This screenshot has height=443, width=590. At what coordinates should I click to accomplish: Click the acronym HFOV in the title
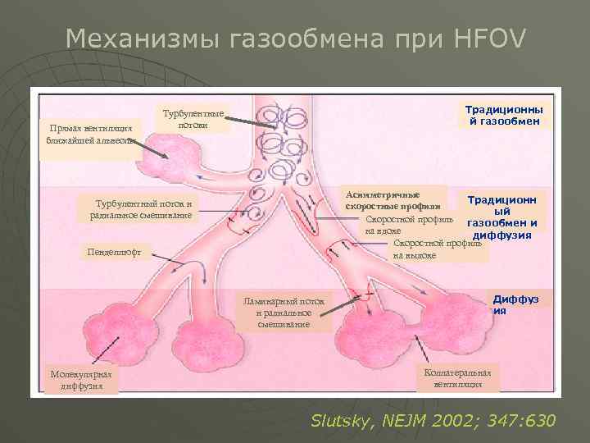pyautogui.click(x=491, y=38)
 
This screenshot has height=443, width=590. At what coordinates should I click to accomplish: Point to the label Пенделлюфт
pyautogui.click(x=115, y=251)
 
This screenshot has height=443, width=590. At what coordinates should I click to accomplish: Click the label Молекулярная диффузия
pyautogui.click(x=80, y=380)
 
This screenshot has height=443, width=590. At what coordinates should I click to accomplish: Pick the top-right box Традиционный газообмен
pyautogui.click(x=509, y=116)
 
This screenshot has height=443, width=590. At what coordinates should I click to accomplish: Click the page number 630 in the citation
pyautogui.click(x=536, y=421)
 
